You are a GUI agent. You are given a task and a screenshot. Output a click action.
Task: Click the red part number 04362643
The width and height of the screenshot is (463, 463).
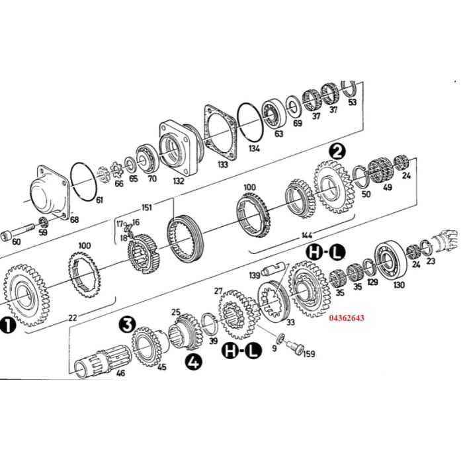point(346,318)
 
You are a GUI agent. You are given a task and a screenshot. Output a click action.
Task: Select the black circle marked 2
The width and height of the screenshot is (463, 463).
point(338,151)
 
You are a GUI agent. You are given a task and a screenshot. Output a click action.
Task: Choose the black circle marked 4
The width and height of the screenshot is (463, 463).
point(194,362)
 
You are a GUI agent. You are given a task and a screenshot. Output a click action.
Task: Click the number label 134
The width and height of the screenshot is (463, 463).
point(255,149)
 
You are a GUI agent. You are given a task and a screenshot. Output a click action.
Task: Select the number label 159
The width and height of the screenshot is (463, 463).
point(308,355)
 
